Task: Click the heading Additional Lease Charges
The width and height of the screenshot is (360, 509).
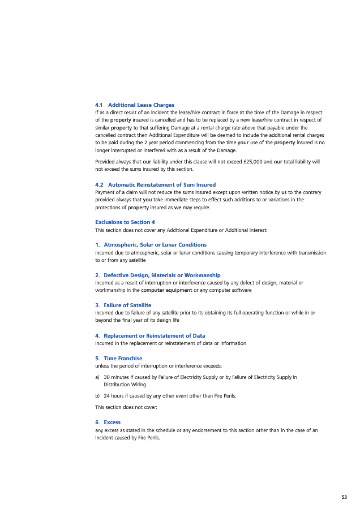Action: (x=141, y=105)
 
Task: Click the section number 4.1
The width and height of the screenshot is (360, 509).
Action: (x=99, y=105)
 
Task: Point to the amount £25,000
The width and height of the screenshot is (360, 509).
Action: (x=252, y=162)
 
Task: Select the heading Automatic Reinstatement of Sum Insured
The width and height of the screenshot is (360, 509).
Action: (x=162, y=185)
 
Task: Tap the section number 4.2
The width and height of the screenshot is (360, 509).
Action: (x=99, y=185)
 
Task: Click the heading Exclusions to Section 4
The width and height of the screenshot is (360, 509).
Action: (x=125, y=222)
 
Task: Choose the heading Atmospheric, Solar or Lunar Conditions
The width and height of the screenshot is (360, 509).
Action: (x=155, y=245)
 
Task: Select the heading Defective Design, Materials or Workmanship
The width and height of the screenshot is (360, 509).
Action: (x=162, y=275)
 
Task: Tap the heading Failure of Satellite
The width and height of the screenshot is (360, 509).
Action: (x=127, y=305)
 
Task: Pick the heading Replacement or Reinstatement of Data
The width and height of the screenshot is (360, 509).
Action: (x=154, y=336)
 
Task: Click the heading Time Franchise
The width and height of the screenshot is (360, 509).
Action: (x=123, y=359)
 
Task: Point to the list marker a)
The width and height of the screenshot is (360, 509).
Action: (x=97, y=377)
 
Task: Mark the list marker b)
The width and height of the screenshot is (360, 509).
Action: (x=97, y=396)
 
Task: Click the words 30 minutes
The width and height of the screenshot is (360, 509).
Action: (x=116, y=377)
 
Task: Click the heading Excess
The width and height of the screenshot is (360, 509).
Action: (x=112, y=422)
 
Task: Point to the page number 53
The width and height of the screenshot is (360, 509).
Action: (x=344, y=497)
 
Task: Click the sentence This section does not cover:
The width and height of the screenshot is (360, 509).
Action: (x=126, y=407)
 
